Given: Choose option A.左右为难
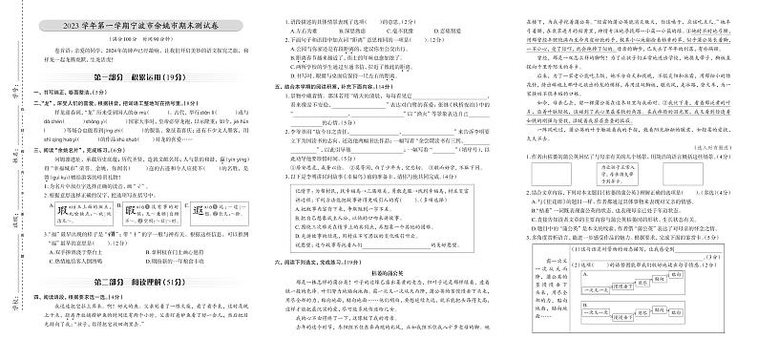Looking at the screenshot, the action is coord(285,30).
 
